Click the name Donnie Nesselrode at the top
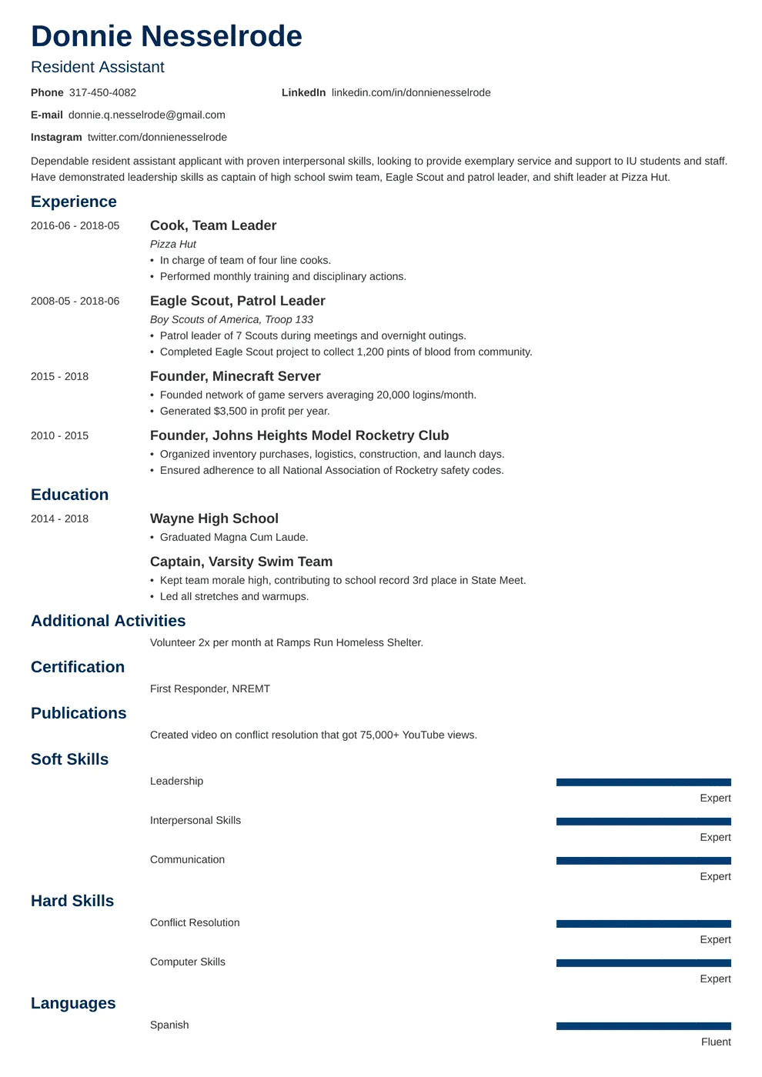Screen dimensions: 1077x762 click(166, 37)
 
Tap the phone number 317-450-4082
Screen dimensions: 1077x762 click(102, 92)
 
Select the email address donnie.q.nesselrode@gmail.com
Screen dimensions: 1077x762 click(147, 115)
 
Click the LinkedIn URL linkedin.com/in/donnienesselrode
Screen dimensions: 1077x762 click(411, 92)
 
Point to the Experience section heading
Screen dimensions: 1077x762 click(74, 202)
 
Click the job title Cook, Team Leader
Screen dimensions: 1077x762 click(213, 225)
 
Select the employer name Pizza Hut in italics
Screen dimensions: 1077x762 click(173, 244)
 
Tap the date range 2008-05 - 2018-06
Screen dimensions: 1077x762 click(75, 301)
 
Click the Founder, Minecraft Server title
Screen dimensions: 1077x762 click(235, 376)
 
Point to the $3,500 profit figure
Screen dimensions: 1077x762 click(230, 411)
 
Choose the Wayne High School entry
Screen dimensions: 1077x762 click(214, 518)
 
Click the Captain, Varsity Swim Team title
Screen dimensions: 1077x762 click(241, 562)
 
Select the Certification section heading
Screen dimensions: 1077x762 click(78, 667)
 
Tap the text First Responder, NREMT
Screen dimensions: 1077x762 click(210, 689)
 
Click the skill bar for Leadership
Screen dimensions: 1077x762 click(643, 782)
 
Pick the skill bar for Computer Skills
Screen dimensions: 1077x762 click(643, 963)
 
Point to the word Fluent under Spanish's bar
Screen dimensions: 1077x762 click(716, 1042)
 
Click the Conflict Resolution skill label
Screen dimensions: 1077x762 click(195, 922)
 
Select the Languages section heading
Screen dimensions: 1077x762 click(73, 1003)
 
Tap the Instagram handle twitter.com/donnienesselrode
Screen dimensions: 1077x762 click(157, 137)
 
